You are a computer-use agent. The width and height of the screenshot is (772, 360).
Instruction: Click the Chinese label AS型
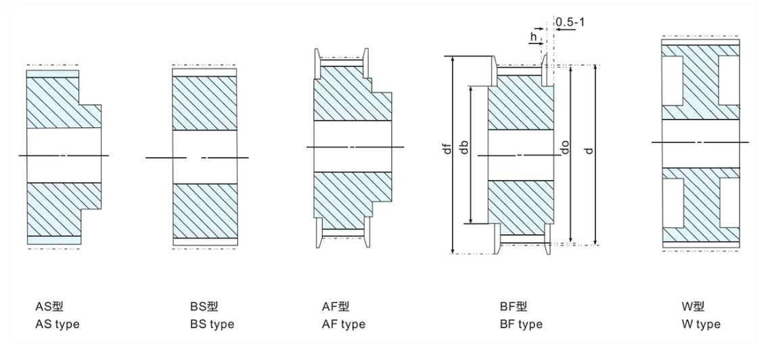49,307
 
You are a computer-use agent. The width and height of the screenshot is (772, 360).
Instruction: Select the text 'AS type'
57,324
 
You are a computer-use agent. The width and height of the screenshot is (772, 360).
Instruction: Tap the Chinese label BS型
204,307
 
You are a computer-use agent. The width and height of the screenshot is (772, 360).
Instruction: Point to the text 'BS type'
212,324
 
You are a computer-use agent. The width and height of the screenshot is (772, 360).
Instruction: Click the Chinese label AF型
336,307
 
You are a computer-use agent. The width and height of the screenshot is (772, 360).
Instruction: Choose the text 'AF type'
343,324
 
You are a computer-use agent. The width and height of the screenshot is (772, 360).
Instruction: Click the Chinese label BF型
513,307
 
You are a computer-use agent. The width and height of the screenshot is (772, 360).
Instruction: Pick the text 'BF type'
521,324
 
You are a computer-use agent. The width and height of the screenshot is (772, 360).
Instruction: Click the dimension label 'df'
446,148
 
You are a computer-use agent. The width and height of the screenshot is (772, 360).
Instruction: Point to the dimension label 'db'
464,148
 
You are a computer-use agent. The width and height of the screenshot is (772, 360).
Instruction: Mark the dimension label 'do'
564,148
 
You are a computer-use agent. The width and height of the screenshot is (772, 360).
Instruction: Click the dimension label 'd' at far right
589,148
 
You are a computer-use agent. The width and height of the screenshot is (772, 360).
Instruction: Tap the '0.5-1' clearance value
570,23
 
